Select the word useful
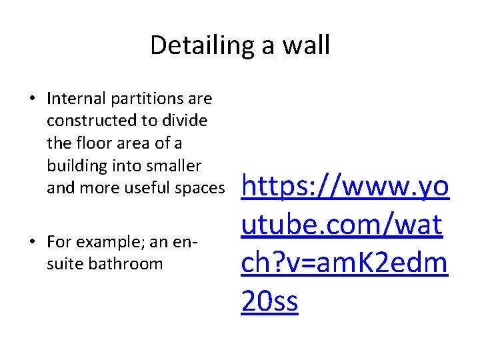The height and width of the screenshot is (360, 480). click(141, 188)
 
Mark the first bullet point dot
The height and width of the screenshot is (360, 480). click(32, 99)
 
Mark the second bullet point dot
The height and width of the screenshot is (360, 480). click(32, 241)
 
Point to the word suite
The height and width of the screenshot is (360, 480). click(60, 263)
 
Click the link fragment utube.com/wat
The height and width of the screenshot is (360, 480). click(341, 226)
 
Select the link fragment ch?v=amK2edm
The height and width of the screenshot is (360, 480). click(344, 264)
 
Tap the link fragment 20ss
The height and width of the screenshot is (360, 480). click(270, 301)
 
